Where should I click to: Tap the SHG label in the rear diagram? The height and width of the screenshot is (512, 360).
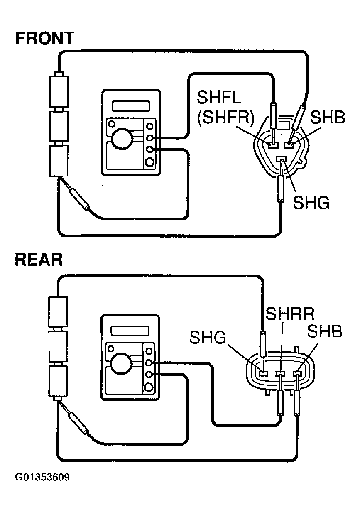pos(208,337)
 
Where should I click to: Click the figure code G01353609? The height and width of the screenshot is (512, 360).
pos(42,477)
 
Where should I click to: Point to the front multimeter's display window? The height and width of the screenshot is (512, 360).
pos(131,106)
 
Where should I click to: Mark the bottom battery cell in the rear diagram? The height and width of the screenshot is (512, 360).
pos(58,381)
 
